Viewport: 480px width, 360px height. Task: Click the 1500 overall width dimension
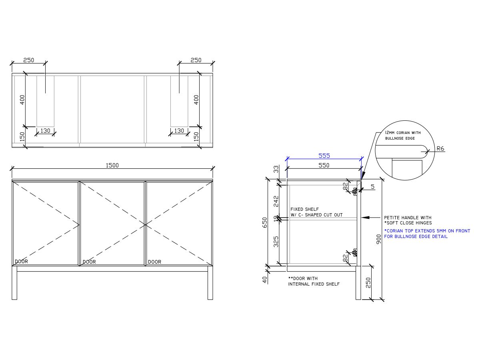(112, 165)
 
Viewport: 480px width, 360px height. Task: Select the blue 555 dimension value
(324, 156)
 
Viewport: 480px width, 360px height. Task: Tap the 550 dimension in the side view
(324, 165)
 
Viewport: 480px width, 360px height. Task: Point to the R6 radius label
(440, 148)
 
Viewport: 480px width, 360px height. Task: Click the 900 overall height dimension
(379, 240)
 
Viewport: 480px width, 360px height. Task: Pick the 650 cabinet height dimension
(264, 222)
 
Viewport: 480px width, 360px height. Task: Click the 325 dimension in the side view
(276, 242)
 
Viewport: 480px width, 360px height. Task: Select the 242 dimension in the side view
(276, 201)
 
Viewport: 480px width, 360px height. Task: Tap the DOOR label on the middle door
(89, 262)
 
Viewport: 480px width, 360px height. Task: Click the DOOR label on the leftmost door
(21, 262)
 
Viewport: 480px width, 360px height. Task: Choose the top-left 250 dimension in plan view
(28, 60)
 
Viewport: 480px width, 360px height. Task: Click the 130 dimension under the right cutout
(179, 131)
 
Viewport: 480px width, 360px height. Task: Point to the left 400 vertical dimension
(22, 99)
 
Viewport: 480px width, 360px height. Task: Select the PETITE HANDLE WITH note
(408, 218)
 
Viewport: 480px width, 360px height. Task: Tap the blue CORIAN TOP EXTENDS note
(427, 231)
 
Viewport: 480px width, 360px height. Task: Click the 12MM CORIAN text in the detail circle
(402, 132)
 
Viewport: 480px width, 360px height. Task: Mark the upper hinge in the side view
(354, 191)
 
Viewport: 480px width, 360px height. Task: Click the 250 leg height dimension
(368, 282)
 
